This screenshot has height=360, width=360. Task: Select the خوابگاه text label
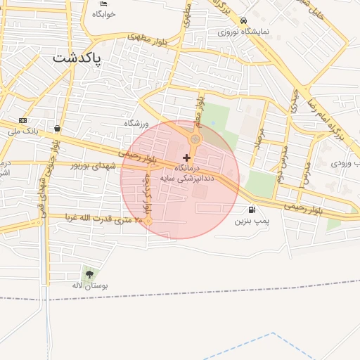104,14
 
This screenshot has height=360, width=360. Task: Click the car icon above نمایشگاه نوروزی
243,21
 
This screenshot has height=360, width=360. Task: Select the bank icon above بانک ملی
22,120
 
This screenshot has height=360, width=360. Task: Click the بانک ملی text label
22,131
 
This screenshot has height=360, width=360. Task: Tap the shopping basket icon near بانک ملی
56,129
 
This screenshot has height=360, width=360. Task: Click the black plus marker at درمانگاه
186,158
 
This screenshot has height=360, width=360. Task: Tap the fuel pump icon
252,210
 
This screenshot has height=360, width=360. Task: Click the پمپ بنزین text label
252,220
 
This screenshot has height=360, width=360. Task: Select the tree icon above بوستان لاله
89,273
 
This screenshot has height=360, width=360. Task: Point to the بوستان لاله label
88,285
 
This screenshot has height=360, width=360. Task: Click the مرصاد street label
259,141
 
